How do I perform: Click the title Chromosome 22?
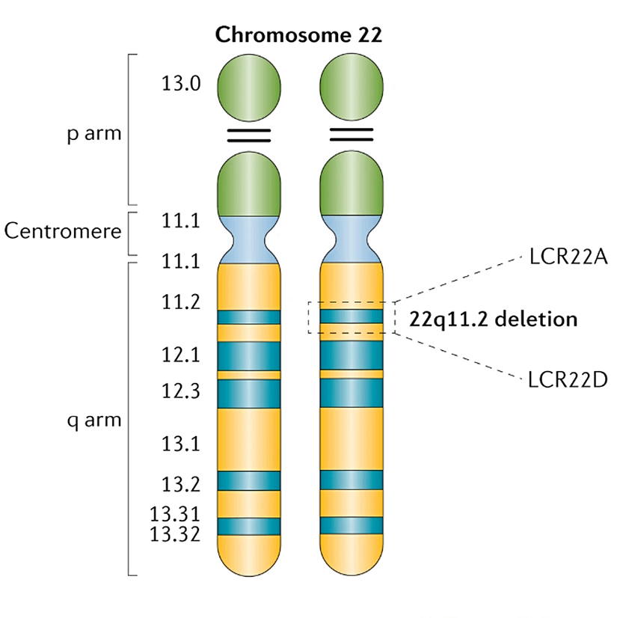click(298, 35)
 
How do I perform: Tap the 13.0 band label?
click(181, 83)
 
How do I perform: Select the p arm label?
click(93, 135)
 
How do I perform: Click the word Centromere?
click(63, 230)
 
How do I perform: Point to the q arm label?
click(93, 420)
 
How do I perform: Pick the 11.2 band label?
click(181, 302)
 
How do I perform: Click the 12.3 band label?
click(181, 391)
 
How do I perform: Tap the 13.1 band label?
click(181, 444)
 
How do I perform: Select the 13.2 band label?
click(181, 483)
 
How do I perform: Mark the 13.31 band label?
click(175, 515)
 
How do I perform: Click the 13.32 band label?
click(175, 534)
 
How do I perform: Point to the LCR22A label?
click(566, 258)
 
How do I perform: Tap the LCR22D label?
click(567, 379)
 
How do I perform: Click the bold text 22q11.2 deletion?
click(494, 319)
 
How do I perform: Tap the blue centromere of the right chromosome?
click(352, 239)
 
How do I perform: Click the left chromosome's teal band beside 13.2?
click(249, 480)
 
